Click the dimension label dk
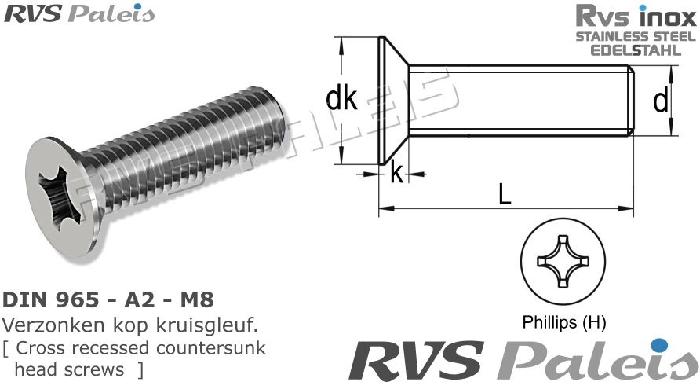tap(341, 100)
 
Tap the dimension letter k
tap(397, 173)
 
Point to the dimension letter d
tap(661, 100)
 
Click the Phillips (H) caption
tap(563, 321)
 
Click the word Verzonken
tap(47, 324)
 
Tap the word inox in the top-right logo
tap(665, 17)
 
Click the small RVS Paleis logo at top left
tap(79, 13)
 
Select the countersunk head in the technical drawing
tap(392, 100)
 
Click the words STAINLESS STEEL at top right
tap(636, 37)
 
